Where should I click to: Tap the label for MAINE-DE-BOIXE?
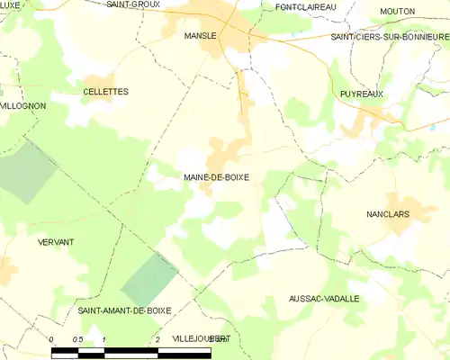215,177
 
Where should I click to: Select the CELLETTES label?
105,92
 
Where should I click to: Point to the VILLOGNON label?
22,106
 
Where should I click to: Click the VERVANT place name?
56,243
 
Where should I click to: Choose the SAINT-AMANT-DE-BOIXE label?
124,310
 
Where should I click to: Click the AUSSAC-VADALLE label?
324,298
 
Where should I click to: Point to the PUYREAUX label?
363,94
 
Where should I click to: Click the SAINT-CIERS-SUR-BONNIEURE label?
390,37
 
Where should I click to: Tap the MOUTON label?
397,11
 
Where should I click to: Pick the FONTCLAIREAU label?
306,6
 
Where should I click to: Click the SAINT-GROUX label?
133,4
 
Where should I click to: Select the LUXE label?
11,4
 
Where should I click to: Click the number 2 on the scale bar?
158,339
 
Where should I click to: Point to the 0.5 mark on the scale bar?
78,339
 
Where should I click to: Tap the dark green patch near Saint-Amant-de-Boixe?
149,278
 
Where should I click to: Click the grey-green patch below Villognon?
27,171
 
